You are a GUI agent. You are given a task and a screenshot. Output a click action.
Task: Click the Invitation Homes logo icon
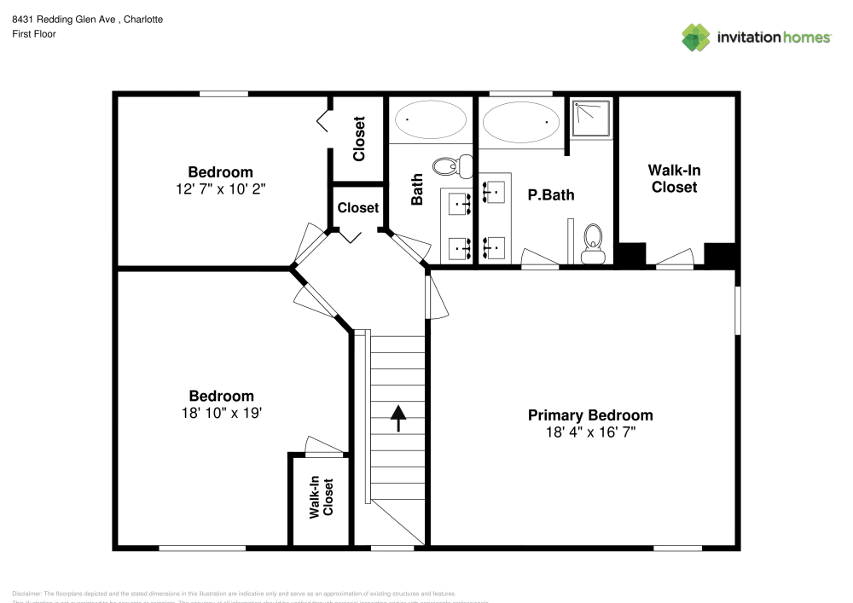pyautogui.click(x=696, y=37)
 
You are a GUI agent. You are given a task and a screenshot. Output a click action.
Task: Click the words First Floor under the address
pyautogui.click(x=34, y=34)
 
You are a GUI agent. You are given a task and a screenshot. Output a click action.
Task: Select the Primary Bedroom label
pyautogui.click(x=590, y=415)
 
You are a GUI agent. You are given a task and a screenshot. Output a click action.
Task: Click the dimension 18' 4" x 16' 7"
pyautogui.click(x=590, y=432)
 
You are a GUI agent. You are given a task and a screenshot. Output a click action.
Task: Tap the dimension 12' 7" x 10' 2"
pyautogui.click(x=220, y=188)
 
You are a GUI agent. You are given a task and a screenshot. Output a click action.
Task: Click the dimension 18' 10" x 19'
pyautogui.click(x=221, y=413)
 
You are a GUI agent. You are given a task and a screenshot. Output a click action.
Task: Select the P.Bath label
pyautogui.click(x=550, y=194)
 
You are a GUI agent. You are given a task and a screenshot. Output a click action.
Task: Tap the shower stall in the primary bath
pyautogui.click(x=591, y=119)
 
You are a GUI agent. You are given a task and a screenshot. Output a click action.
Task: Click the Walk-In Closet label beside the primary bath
pyautogui.click(x=674, y=178)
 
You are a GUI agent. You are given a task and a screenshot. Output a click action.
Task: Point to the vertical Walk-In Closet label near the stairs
pyautogui.click(x=321, y=498)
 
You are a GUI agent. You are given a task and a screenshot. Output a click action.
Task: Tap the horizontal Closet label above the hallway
pyautogui.click(x=357, y=207)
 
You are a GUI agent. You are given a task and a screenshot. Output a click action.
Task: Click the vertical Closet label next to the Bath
pyautogui.click(x=359, y=138)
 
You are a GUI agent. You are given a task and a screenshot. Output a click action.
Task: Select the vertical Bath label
pyautogui.click(x=417, y=190)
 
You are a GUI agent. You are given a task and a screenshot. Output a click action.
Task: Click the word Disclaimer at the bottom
pyautogui.click(x=26, y=594)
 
